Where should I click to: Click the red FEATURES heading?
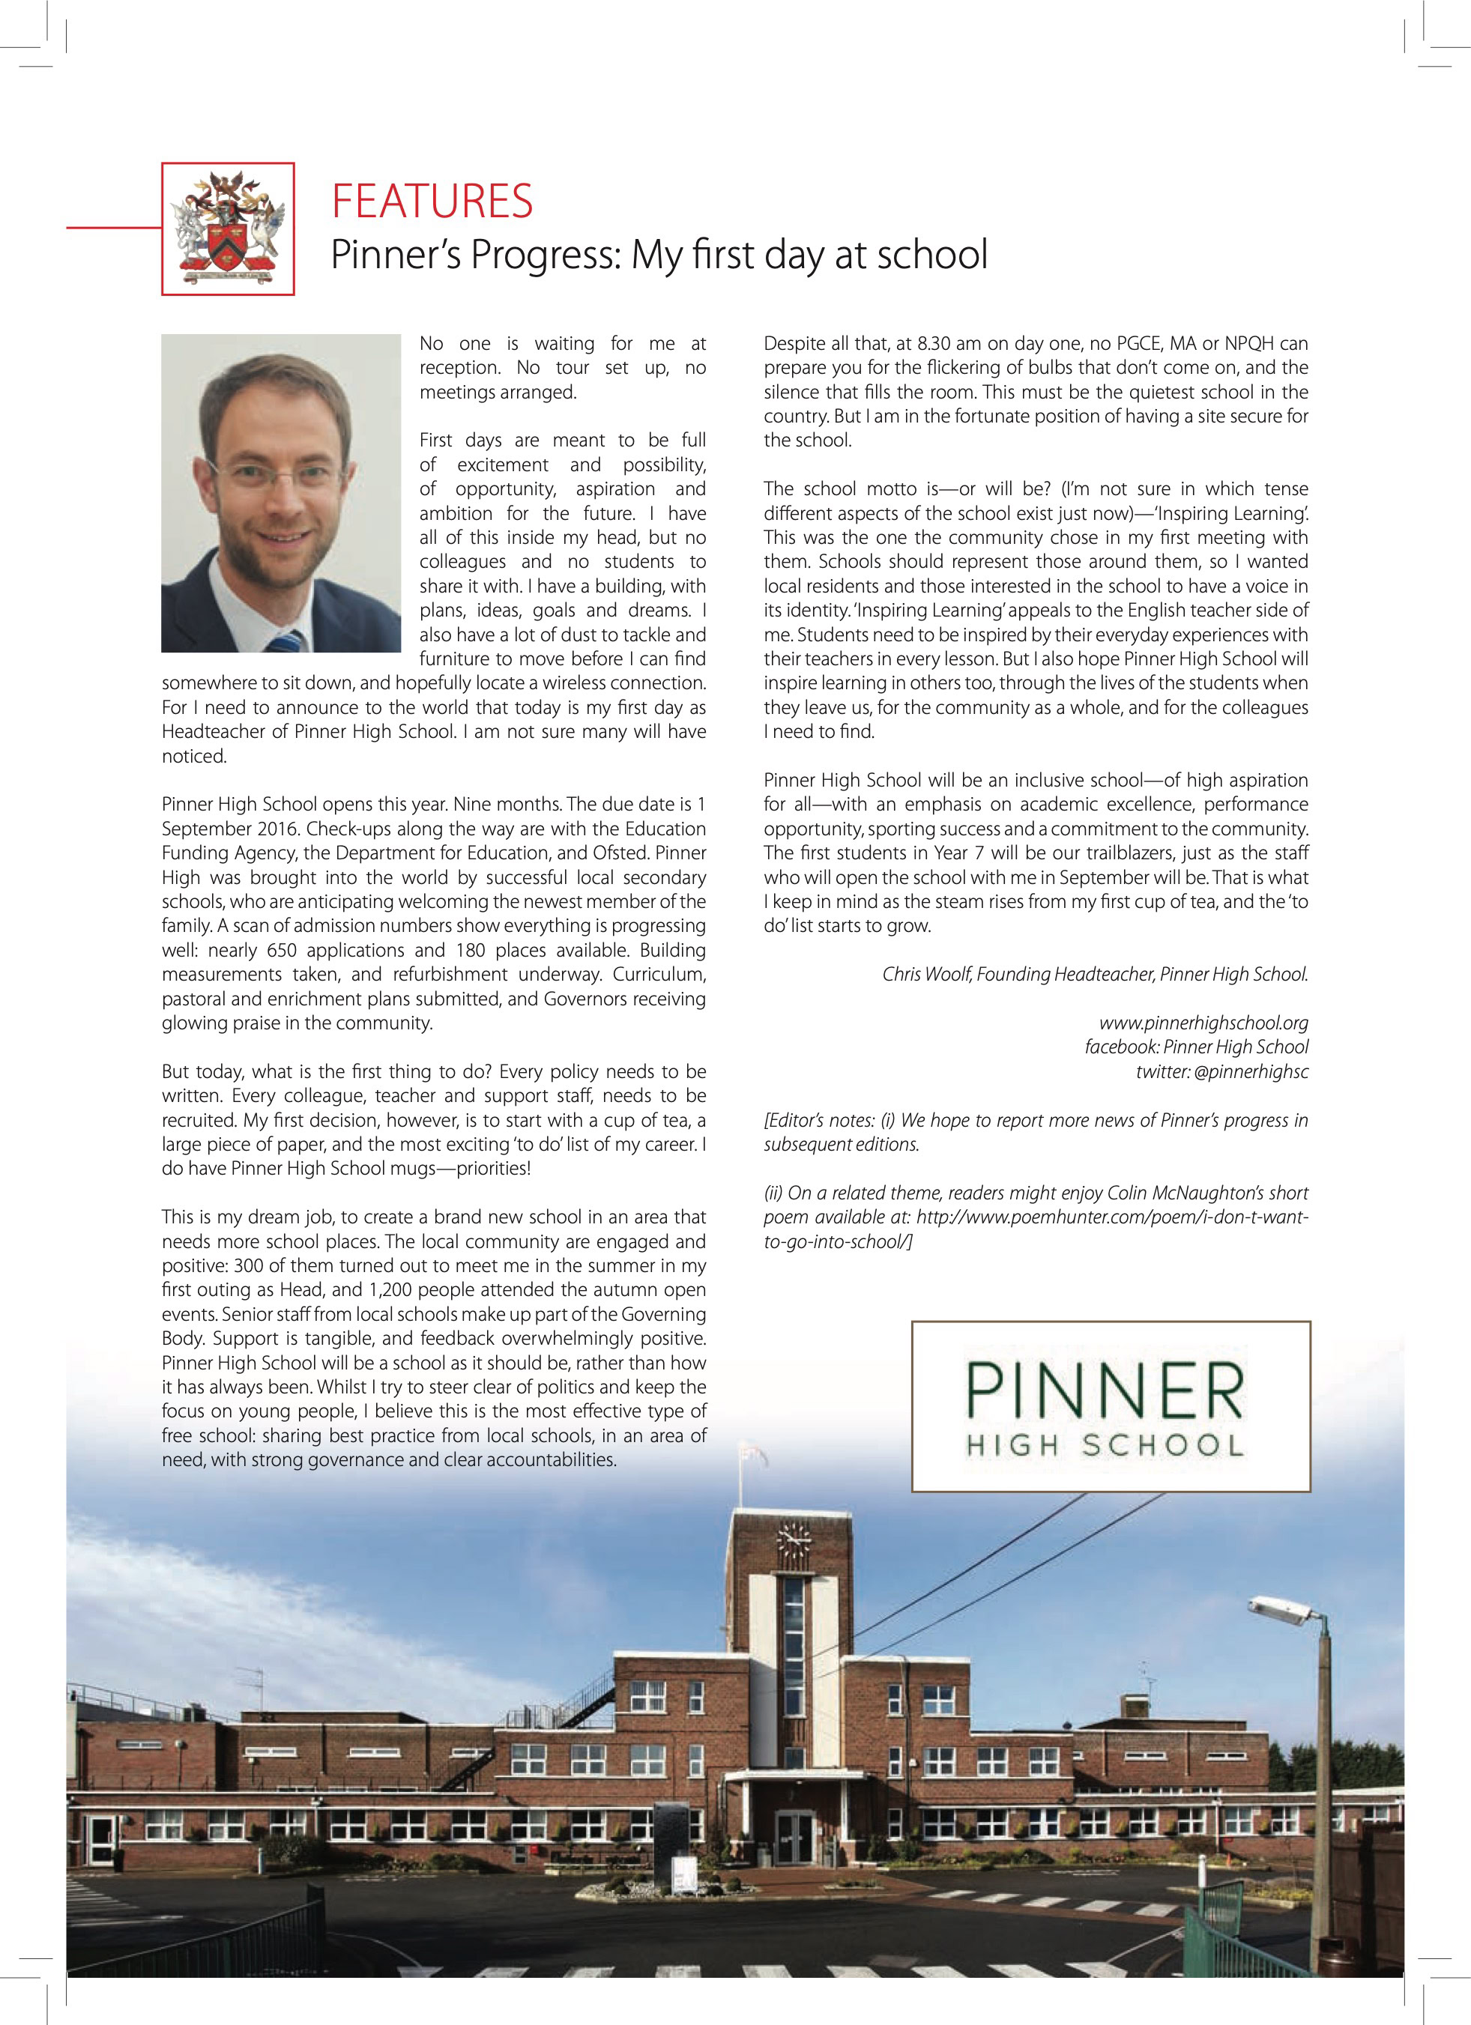tap(432, 201)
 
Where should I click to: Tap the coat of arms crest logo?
tap(229, 228)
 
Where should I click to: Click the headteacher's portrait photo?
tap(281, 493)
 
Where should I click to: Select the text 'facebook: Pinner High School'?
tap(1196, 1047)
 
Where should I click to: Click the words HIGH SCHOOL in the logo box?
tap(1105, 1446)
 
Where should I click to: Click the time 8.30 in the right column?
tap(933, 344)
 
